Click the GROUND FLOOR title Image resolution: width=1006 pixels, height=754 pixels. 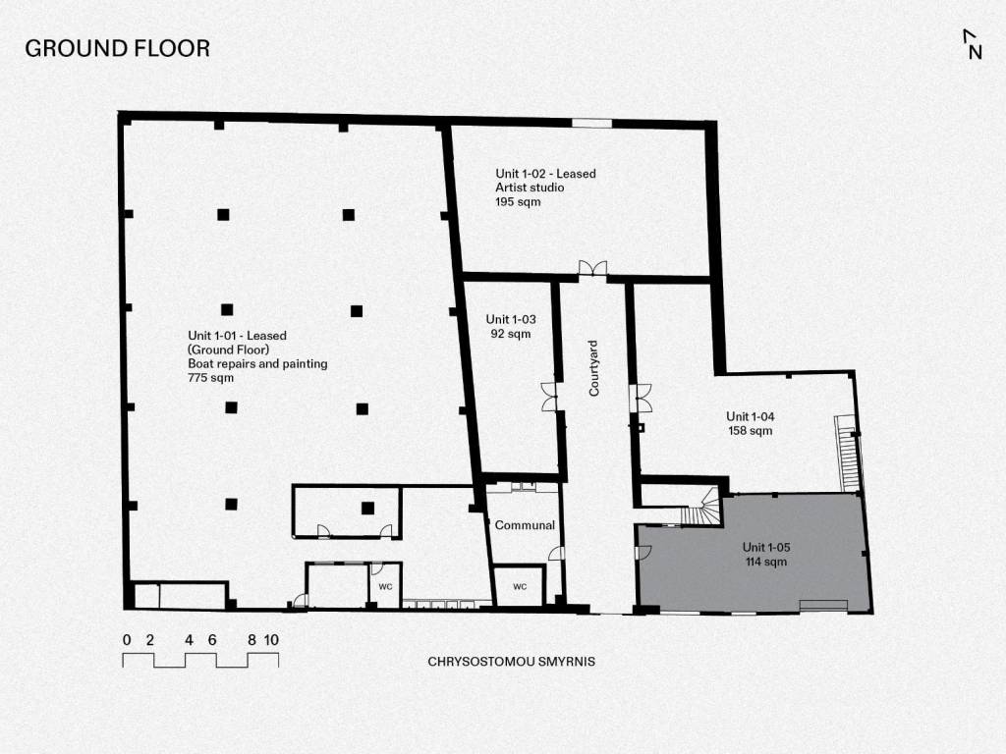[x=118, y=49]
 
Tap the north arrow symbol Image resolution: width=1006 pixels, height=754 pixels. [x=973, y=44]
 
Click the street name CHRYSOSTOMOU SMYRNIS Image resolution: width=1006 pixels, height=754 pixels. [x=511, y=661]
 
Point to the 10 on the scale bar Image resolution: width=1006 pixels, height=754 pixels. [x=271, y=640]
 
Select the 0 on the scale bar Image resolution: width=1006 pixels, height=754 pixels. [x=127, y=640]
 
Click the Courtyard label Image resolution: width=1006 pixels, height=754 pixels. [x=593, y=368]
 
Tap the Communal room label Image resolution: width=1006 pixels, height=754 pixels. [x=525, y=525]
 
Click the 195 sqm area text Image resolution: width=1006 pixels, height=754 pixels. [x=518, y=202]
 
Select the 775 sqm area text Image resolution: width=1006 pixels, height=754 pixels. [x=210, y=378]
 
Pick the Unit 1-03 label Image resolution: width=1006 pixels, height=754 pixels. [x=511, y=319]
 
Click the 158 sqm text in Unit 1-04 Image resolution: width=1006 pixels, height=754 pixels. [x=750, y=431]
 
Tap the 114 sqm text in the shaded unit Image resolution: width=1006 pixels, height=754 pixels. [x=766, y=562]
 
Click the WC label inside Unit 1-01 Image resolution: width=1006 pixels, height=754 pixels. [x=385, y=587]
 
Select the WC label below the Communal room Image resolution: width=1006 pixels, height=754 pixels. [x=520, y=587]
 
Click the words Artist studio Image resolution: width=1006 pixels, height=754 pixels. [x=530, y=188]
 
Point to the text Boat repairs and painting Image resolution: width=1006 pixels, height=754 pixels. [x=257, y=363]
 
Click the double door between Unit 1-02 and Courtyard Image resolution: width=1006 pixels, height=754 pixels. [x=592, y=269]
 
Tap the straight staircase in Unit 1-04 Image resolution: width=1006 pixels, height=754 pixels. [x=846, y=454]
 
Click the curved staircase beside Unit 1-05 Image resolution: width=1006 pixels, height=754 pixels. [x=701, y=508]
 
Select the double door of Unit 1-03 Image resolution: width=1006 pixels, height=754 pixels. [x=550, y=397]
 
